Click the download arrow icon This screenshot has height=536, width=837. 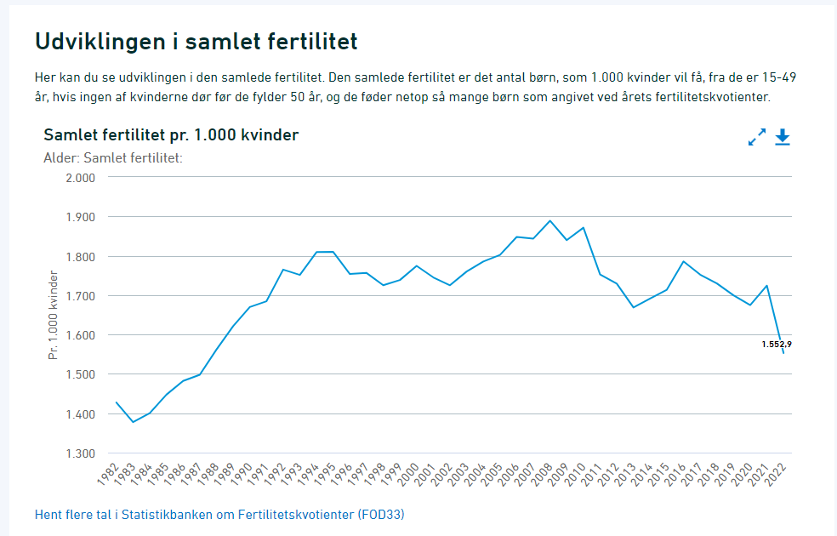783,138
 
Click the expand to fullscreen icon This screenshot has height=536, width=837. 756,138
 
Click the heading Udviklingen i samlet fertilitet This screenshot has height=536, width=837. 196,42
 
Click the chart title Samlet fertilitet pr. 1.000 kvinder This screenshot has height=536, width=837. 171,135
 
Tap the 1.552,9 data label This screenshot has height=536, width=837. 783,345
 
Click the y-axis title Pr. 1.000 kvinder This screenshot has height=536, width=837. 54,315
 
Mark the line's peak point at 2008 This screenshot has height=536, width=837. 550,220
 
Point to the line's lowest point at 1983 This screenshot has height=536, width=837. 133,422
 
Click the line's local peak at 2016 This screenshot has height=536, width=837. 683,261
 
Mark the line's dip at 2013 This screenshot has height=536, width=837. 633,307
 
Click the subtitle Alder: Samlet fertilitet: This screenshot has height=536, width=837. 113,157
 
